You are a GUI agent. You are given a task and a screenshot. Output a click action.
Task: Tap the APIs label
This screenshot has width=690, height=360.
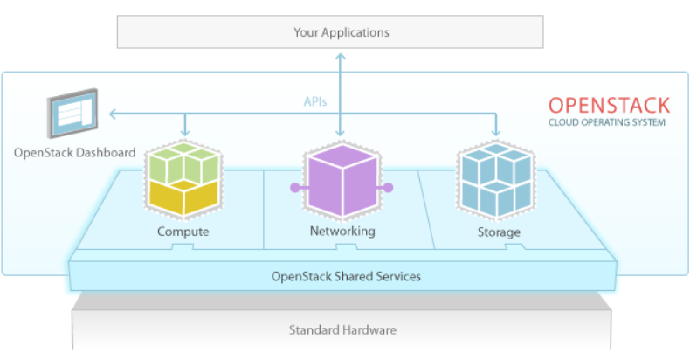pyautogui.click(x=315, y=101)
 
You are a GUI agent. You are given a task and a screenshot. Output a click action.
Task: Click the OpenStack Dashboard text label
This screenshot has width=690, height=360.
pyautogui.click(x=74, y=153)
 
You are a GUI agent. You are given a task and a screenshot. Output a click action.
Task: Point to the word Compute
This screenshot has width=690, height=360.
pyautogui.click(x=183, y=232)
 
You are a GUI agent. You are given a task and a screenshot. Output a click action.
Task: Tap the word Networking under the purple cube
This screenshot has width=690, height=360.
pyautogui.click(x=342, y=232)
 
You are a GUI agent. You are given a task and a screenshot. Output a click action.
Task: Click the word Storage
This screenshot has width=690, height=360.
pyautogui.click(x=499, y=232)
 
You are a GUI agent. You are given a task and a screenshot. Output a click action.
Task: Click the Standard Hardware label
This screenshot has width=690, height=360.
pyautogui.click(x=342, y=330)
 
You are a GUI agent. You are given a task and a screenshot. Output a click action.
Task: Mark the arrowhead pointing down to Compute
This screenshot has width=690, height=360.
pyautogui.click(x=185, y=132)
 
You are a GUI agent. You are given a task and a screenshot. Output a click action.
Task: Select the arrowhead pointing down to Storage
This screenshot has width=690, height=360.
pyautogui.click(x=497, y=132)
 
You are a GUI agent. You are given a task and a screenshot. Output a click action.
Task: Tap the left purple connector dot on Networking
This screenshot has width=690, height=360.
pyautogui.click(x=293, y=187)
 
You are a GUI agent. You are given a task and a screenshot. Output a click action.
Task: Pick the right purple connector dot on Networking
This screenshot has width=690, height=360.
pyautogui.click(x=389, y=187)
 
